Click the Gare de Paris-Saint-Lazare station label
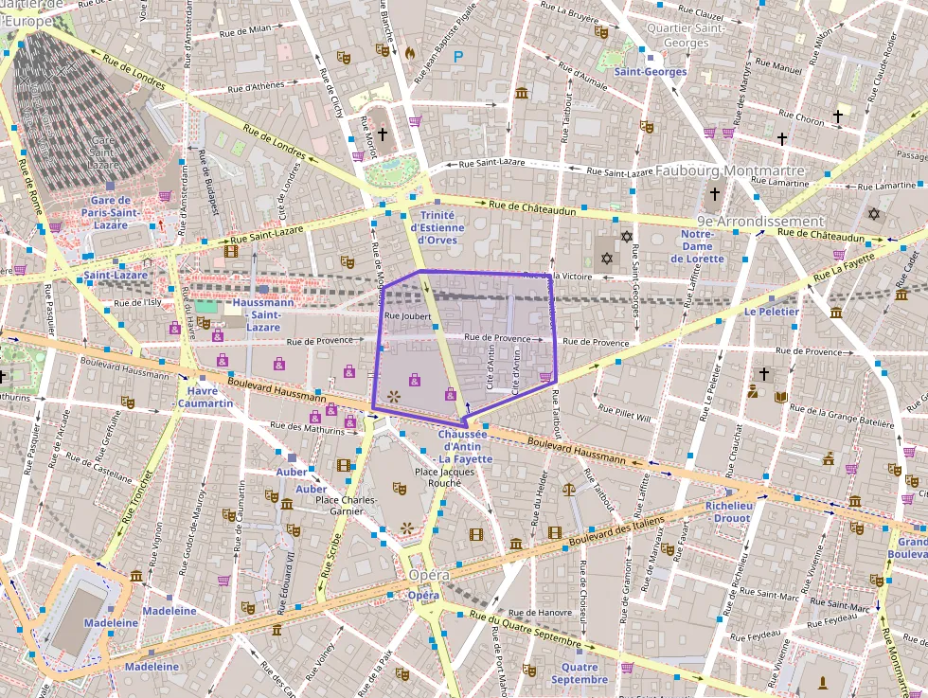tap(123, 212)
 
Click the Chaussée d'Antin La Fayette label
tap(465, 446)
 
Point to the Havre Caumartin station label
tap(205, 397)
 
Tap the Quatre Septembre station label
tap(579, 673)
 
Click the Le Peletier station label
tap(772, 312)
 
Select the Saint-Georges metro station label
tap(650, 72)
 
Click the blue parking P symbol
tap(459, 57)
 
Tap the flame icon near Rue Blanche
tap(410, 53)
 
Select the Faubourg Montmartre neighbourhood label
tap(729, 171)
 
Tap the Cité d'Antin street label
tap(491, 368)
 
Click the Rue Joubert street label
tap(408, 316)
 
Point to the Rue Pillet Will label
tap(625, 414)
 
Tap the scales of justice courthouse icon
tap(568, 490)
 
